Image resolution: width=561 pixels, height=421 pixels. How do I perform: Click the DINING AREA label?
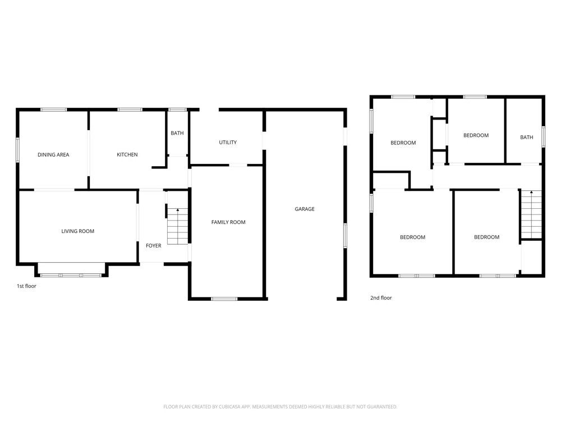coord(53,155)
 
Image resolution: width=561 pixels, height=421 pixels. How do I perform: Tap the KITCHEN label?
coord(127,155)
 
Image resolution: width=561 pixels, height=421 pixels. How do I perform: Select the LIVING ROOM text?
coord(77,231)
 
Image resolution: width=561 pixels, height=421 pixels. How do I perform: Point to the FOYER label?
coord(154,246)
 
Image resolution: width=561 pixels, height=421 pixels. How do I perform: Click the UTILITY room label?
coord(228,143)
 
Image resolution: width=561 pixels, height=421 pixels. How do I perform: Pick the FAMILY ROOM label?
coord(228,222)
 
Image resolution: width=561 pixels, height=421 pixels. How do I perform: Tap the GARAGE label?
coord(305,209)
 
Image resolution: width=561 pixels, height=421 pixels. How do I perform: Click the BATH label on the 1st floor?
coord(177,133)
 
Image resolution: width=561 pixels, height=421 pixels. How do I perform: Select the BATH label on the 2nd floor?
coord(527,138)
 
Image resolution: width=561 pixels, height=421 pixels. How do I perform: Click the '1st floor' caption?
coord(26,286)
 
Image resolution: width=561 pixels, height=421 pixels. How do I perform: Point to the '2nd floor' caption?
coord(381,298)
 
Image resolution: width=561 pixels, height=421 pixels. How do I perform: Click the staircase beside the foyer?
coord(177,226)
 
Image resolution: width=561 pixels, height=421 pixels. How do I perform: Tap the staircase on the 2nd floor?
coord(531,214)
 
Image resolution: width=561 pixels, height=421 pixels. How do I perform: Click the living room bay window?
coord(71,275)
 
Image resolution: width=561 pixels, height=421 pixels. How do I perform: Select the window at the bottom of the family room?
coord(224,299)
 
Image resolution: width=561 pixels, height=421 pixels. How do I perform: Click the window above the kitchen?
coord(130,109)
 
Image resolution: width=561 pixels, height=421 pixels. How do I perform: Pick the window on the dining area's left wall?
coord(17,150)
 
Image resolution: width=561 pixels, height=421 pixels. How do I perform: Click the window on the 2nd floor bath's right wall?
coord(543,137)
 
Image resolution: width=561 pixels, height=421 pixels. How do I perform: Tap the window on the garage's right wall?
coord(345,235)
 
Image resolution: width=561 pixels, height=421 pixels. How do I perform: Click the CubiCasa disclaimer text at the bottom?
coord(280,406)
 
